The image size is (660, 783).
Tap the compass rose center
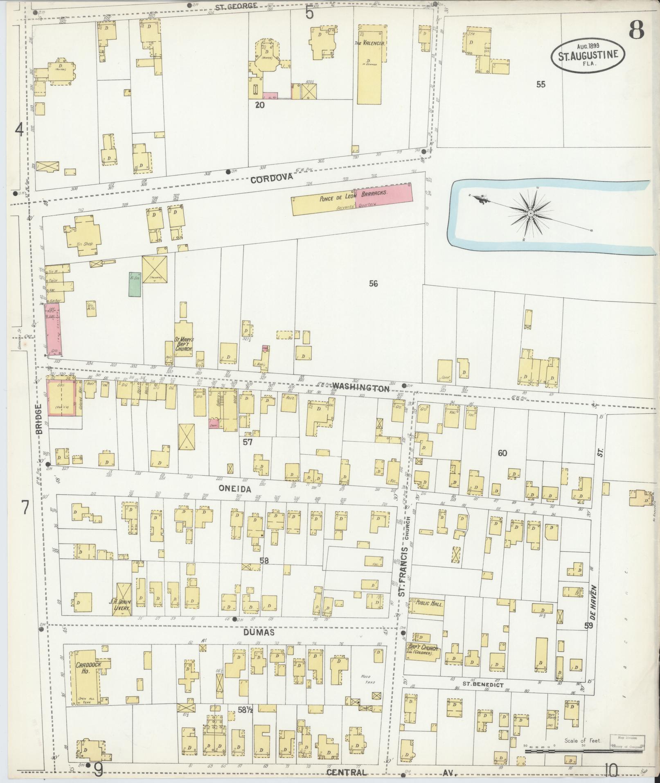(530, 214)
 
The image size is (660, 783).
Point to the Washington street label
(360, 387)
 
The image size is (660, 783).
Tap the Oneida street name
(234, 488)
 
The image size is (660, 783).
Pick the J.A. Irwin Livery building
(123, 600)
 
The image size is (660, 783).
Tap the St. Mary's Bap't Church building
(184, 344)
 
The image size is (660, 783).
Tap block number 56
(373, 283)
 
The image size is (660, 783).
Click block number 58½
(245, 710)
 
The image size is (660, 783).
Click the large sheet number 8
(636, 29)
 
